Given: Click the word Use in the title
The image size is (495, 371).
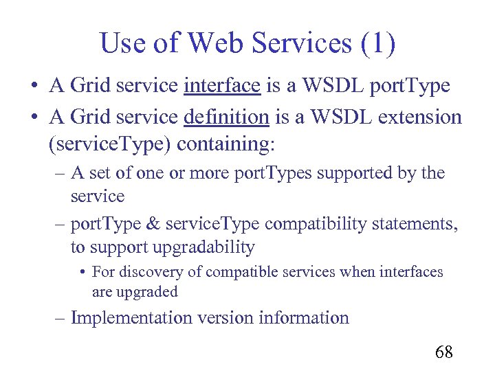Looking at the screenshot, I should click(x=123, y=44).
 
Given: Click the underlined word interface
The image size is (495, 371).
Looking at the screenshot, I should click(x=221, y=86).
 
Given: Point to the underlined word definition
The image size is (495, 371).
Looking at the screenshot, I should click(x=226, y=117).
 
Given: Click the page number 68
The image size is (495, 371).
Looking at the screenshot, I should click(x=443, y=352).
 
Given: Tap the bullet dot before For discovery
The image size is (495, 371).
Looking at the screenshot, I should click(x=82, y=273).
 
